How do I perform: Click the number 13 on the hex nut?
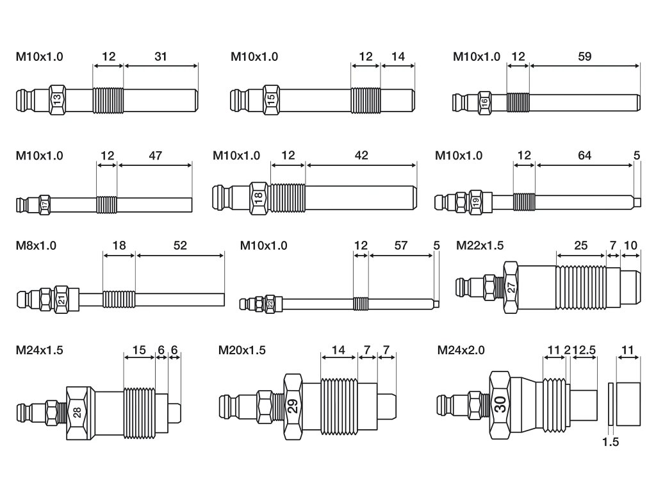point(57,99)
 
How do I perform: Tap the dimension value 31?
point(161,56)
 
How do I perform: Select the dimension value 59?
point(584,56)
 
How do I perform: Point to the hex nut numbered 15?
point(271,99)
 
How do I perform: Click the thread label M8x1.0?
point(36,245)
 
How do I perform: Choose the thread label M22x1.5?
point(480,245)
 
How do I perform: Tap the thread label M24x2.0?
point(461,350)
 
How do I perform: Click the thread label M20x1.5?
point(242,350)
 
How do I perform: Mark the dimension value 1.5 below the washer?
point(611,442)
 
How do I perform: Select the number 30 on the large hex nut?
point(500,404)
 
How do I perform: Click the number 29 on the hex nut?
point(293,406)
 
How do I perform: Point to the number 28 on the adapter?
point(78,413)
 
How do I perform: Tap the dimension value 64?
point(584,156)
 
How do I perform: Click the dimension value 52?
point(180,245)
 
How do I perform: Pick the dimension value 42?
point(361,156)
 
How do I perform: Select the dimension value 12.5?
point(584,350)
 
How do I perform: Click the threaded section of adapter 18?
point(288,199)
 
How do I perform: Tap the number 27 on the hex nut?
point(511,288)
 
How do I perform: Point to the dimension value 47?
point(155,156)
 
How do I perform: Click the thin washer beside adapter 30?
point(611,404)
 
